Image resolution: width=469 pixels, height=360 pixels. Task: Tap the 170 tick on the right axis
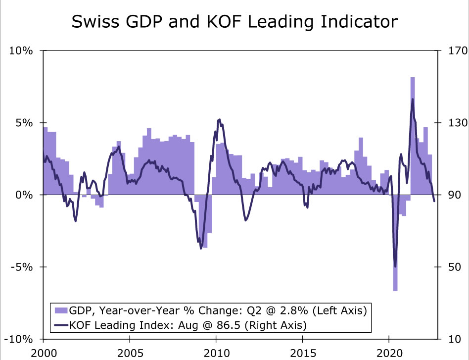(452, 51)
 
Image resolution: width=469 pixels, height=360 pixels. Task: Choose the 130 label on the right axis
(452, 123)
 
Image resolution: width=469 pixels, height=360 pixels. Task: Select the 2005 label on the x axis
(130, 353)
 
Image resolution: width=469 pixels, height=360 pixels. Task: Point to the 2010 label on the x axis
(216, 353)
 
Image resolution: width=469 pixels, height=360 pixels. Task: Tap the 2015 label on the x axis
(302, 353)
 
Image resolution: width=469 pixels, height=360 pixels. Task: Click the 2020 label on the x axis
(389, 353)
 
